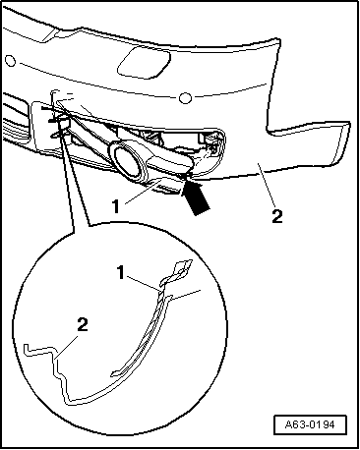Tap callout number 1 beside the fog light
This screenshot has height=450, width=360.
[x=116, y=207]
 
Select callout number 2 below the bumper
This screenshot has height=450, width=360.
[x=277, y=216]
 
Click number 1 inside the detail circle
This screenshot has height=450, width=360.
[x=121, y=272]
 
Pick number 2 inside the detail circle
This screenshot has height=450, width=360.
[x=83, y=325]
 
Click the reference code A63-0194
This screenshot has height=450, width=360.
[x=310, y=425]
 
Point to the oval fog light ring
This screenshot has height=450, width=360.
[x=127, y=160]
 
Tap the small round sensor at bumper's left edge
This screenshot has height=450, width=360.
[x=11, y=61]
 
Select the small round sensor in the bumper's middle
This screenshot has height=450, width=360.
[x=185, y=98]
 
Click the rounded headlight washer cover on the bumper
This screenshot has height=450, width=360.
[x=145, y=62]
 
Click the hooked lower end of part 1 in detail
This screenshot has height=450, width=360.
[x=116, y=372]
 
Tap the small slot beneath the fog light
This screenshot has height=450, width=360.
[x=167, y=188]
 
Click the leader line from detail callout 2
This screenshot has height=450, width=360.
[x=68, y=346]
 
